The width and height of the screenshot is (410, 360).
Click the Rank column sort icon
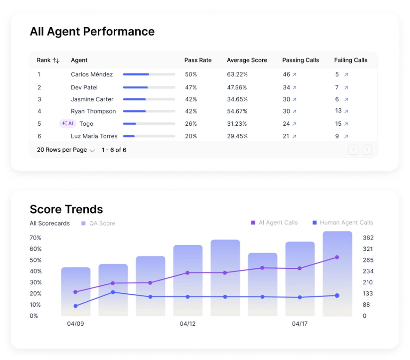point(56,60)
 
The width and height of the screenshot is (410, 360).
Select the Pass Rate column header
point(198,60)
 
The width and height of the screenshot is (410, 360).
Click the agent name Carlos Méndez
point(92,74)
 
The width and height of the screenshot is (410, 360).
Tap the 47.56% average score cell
point(237,87)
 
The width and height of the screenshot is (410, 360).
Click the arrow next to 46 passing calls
point(294,75)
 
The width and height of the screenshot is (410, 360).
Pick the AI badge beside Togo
point(68,123)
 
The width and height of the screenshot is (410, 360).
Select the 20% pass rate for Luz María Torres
point(191,136)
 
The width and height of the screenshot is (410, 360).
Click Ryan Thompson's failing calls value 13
point(338,111)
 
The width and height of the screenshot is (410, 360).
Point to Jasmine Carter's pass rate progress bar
point(149,99)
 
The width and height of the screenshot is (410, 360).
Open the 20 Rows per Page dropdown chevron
point(92,150)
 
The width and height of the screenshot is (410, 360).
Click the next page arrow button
point(367,150)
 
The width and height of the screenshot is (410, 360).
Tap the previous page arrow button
point(353,150)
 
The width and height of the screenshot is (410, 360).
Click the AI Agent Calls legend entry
point(274,222)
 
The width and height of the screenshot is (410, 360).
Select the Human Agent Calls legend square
point(315,222)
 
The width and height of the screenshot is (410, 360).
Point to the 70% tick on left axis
point(36,238)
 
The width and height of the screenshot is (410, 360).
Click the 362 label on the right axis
point(368,238)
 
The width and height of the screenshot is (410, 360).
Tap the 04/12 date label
point(188,323)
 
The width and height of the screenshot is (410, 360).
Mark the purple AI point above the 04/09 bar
point(76,292)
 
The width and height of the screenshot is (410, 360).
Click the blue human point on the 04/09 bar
point(76,306)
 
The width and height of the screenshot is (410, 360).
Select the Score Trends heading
point(66,209)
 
